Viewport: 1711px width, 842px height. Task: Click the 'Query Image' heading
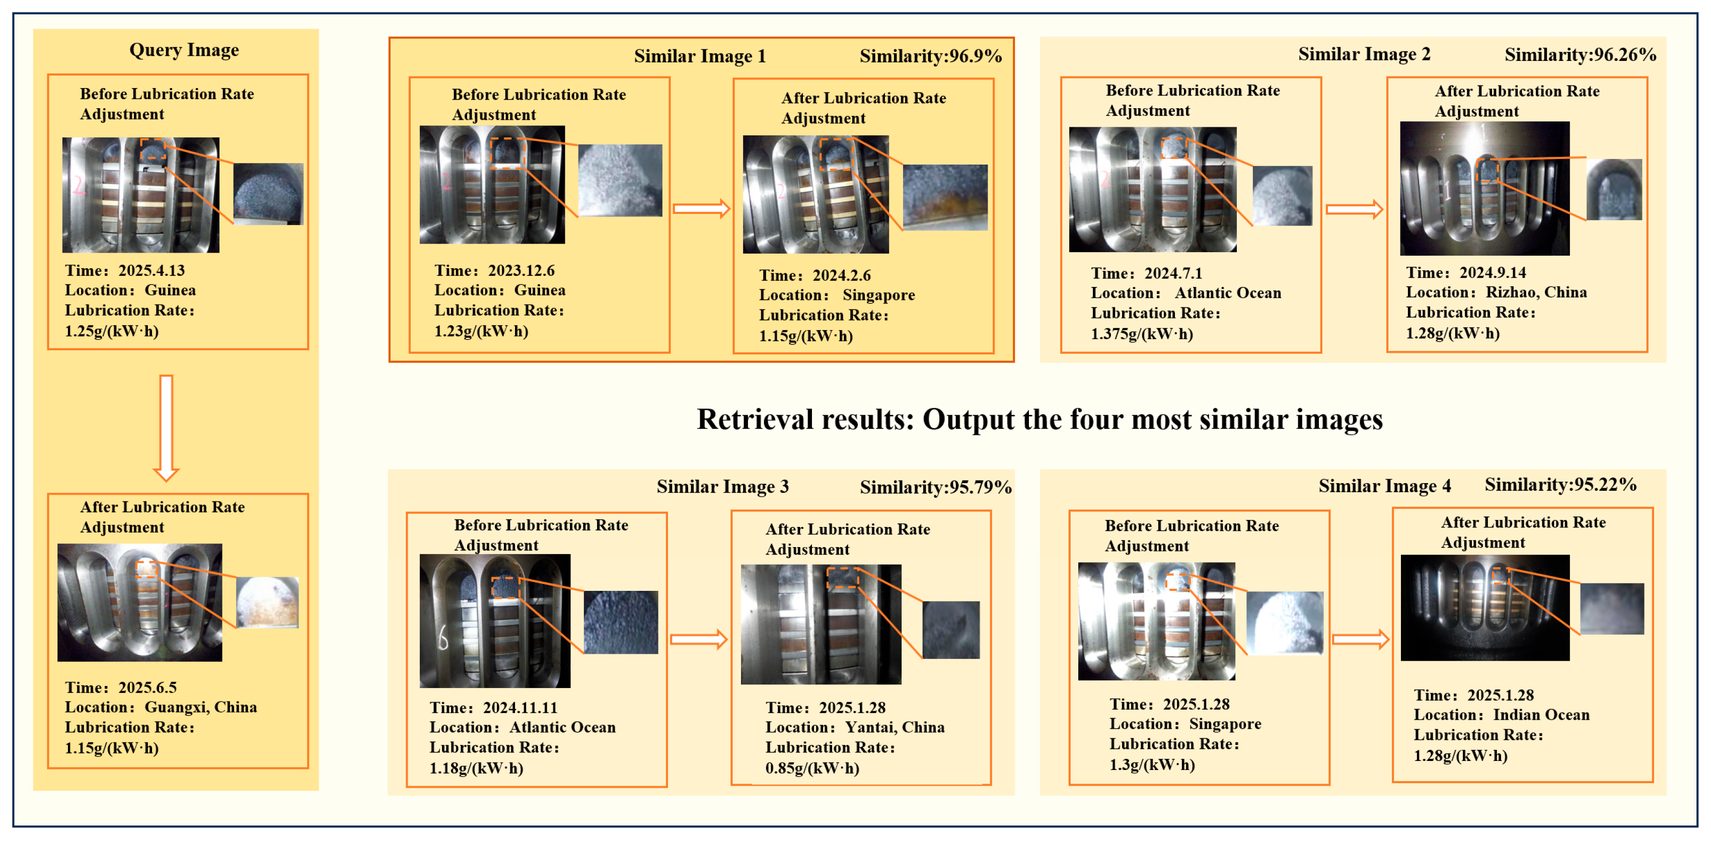[184, 50]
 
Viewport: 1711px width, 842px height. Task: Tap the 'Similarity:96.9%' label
[931, 56]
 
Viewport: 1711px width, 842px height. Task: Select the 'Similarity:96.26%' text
[1580, 54]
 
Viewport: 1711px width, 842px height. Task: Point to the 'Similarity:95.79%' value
[936, 487]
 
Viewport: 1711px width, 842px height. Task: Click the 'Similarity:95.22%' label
[1560, 485]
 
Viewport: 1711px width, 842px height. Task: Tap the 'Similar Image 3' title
[723, 487]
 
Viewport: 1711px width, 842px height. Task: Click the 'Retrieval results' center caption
[1039, 420]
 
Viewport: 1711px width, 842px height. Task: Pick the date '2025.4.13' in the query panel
[152, 271]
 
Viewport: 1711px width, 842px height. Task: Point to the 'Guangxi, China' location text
[200, 708]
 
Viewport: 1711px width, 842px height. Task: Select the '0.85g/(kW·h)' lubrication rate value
[812, 769]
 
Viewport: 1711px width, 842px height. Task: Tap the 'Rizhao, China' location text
[1536, 293]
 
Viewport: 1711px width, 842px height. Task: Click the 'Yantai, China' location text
[895, 728]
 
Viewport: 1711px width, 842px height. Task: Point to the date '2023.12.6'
[522, 271]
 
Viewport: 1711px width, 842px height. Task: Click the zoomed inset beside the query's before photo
[268, 194]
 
